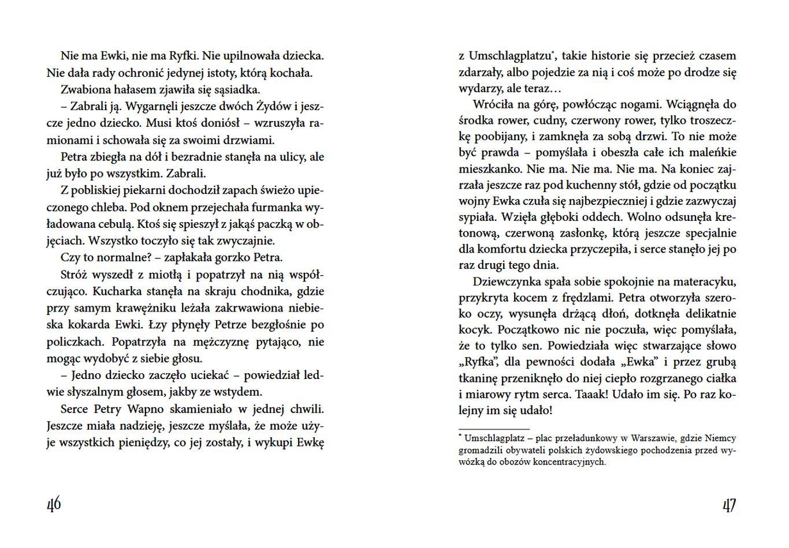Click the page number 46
[x=54, y=505]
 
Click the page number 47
[x=729, y=505]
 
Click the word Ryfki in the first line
[x=184, y=56]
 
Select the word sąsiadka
[x=238, y=89]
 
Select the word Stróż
[x=74, y=275]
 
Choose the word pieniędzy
[x=144, y=442]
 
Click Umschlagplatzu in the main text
[x=509, y=56]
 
